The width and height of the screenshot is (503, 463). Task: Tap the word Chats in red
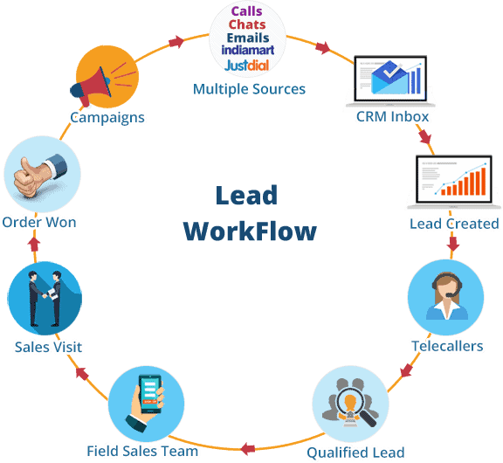[x=248, y=24]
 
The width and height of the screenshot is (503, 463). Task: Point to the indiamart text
[x=248, y=51]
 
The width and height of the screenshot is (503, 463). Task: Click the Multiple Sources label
[x=249, y=89]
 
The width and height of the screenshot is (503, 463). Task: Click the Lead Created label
[x=453, y=224]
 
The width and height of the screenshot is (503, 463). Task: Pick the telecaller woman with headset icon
[x=445, y=297]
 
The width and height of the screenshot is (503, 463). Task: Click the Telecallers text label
[x=447, y=346]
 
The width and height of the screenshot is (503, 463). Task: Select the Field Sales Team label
[x=142, y=451]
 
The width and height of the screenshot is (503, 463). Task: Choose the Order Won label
[x=39, y=222]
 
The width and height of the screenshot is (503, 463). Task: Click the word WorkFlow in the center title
[x=250, y=231]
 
